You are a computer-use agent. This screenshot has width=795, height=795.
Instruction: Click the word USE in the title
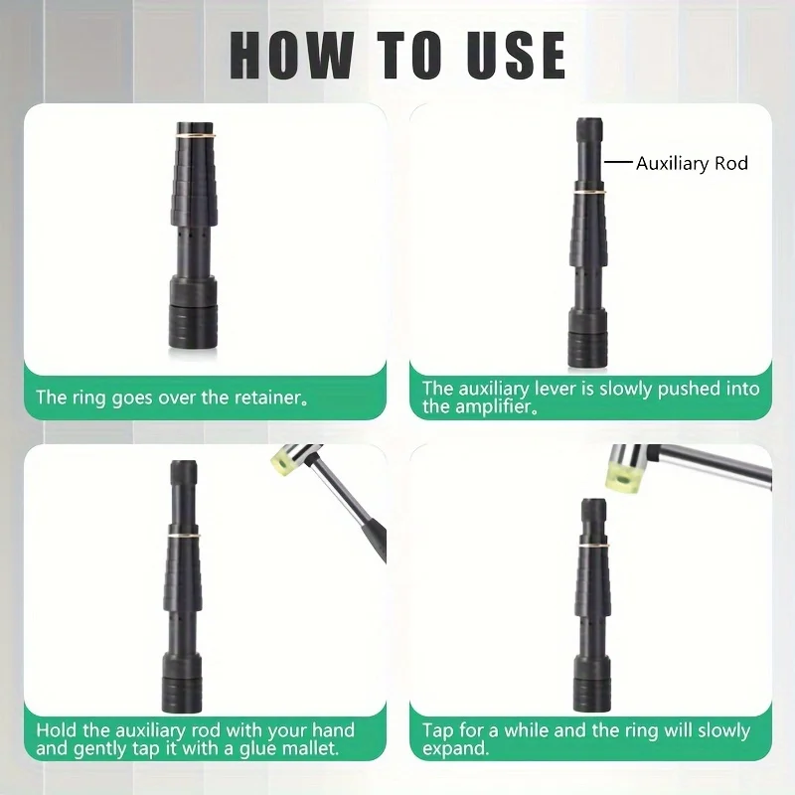pos(516,56)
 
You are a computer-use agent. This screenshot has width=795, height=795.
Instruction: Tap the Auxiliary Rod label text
pos(692,163)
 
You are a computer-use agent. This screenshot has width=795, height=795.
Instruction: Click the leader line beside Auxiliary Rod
pos(618,163)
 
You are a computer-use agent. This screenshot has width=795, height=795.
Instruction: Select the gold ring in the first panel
pos(196,135)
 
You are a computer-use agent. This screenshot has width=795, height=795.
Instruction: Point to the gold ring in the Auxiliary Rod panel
pos(589,191)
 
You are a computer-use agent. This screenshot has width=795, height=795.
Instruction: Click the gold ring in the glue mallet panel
pos(184,535)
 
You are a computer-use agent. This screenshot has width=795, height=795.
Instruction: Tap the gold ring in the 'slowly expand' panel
pos(593,545)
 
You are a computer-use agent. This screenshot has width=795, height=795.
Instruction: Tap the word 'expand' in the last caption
pos(456,749)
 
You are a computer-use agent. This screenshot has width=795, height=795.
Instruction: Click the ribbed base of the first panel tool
pos(193,327)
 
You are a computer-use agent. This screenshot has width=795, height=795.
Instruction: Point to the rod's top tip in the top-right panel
pos(589,119)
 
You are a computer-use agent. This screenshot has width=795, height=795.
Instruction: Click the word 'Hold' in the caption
pos(57,730)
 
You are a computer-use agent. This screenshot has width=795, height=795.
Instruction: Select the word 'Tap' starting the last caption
pos(438,730)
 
